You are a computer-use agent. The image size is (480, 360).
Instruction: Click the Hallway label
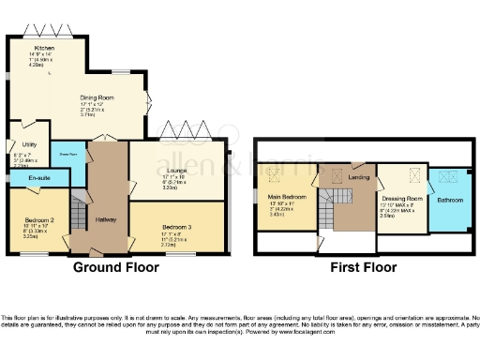point(104,220)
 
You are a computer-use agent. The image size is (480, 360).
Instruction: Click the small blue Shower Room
point(67,154)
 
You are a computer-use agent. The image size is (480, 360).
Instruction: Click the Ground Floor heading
point(115,266)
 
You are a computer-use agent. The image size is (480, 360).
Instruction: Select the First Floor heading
point(363,266)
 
